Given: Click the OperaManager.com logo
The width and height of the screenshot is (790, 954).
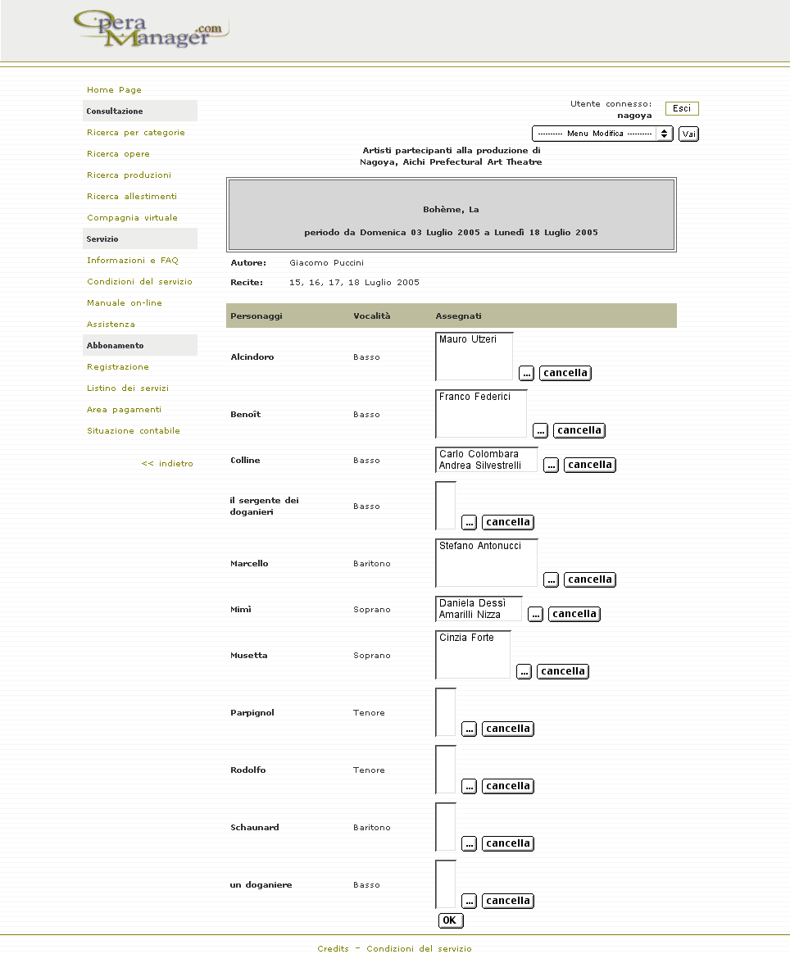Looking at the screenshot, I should click(149, 30).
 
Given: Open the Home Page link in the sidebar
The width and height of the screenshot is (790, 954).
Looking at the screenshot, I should click(114, 90).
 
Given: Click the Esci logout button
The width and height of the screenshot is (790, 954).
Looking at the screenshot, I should click(682, 108).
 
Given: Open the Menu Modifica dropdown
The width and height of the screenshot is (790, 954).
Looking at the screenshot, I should click(602, 134).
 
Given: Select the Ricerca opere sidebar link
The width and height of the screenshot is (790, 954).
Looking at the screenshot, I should click(118, 154).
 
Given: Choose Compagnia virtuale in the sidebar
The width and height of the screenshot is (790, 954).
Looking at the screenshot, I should click(132, 218).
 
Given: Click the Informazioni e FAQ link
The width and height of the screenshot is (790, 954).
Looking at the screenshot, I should click(132, 261).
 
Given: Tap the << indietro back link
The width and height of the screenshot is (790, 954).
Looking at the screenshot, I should click(167, 464).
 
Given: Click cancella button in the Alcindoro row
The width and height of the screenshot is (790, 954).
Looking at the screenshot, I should click(565, 373).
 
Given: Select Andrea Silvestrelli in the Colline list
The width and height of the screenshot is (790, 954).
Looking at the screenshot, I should click(479, 466).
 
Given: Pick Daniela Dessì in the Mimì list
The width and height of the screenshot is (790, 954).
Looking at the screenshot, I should click(472, 603).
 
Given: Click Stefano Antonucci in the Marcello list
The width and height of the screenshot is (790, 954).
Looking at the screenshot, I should click(479, 546).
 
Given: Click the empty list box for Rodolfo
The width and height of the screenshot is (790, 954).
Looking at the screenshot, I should click(446, 770).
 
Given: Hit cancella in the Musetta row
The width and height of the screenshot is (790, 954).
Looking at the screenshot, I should click(563, 671).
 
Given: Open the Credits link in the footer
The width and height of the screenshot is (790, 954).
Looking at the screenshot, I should click(333, 948).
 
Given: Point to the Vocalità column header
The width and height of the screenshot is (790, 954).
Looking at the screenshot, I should click(372, 316).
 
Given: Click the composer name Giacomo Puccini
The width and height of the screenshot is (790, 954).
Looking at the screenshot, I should click(326, 263).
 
